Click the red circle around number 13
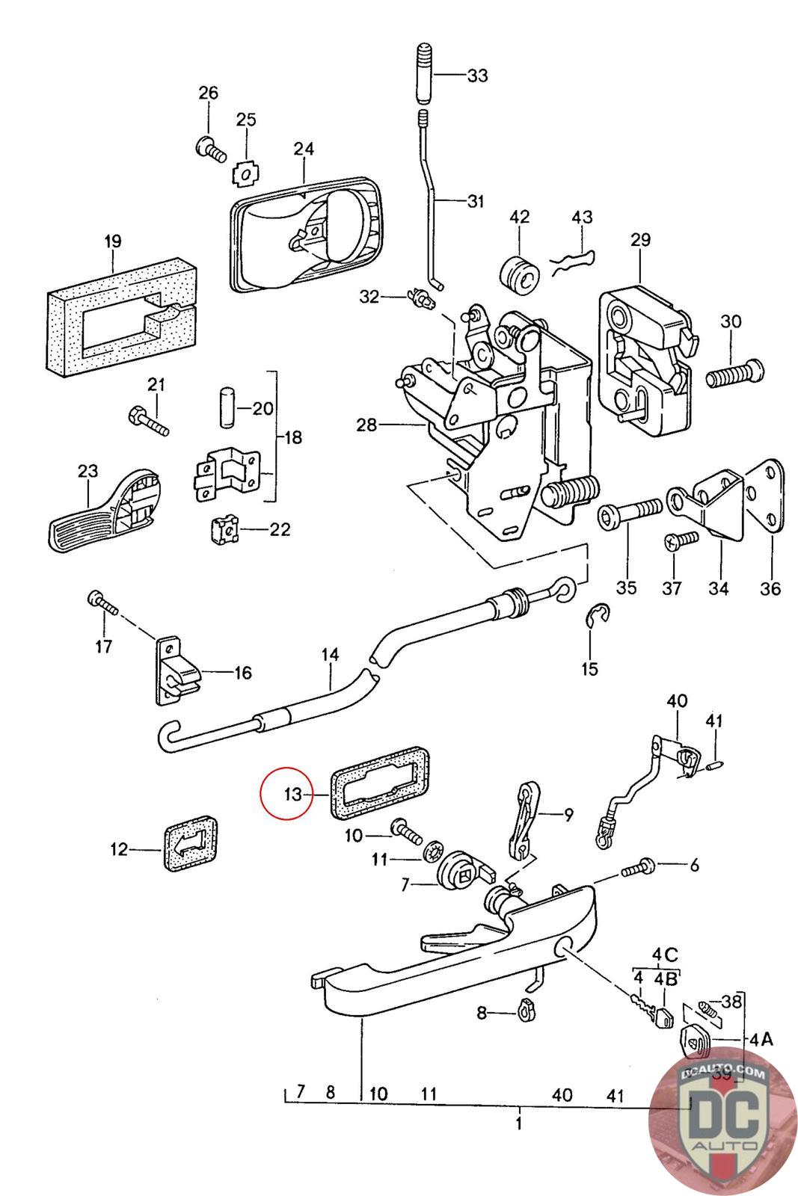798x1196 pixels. tap(289, 794)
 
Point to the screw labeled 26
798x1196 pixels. tap(210, 150)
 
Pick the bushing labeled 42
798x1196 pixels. tap(519, 279)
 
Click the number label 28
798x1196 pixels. tap(366, 426)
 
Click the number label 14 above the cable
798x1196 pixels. tap(330, 656)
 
